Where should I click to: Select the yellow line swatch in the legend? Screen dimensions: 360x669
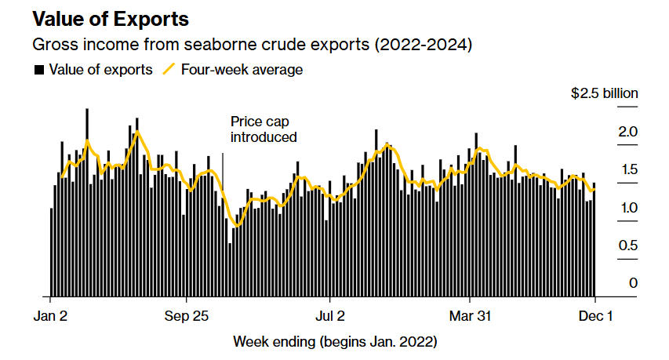pyautogui.click(x=169, y=70)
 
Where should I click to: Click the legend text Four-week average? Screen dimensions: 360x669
pyautogui.click(x=242, y=70)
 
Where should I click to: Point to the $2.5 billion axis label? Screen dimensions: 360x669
pyautogui.click(x=604, y=93)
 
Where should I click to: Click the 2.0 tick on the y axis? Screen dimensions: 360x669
pyautogui.click(x=627, y=132)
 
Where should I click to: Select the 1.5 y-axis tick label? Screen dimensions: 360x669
pyautogui.click(x=627, y=169)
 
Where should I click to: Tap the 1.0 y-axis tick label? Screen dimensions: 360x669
pyautogui.click(x=627, y=208)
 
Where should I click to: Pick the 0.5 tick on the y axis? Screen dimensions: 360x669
pyautogui.click(x=627, y=245)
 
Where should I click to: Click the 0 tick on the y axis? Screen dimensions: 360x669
pyautogui.click(x=633, y=283)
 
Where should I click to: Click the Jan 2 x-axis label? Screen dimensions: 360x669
pyautogui.click(x=51, y=318)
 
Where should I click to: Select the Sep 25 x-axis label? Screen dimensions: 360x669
pyautogui.click(x=187, y=318)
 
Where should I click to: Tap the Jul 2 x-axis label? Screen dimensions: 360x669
pyautogui.click(x=330, y=318)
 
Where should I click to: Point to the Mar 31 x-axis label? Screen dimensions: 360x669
pyautogui.click(x=469, y=318)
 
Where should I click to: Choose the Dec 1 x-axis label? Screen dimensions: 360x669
pyautogui.click(x=594, y=318)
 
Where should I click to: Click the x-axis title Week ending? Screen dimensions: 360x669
pyautogui.click(x=335, y=342)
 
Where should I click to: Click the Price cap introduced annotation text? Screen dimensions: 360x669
pyautogui.click(x=264, y=129)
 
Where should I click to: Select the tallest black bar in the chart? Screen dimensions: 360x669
pyautogui.click(x=86, y=204)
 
